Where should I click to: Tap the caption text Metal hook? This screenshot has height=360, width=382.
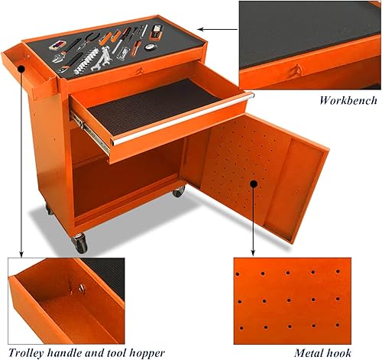tap(323, 352)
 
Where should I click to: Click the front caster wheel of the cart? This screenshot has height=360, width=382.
tap(79, 245)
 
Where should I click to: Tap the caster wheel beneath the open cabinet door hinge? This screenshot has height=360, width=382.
tap(178, 191)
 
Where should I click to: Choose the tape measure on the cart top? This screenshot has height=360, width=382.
tap(156, 32)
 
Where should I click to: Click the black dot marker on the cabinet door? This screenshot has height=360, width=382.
tap(253, 183)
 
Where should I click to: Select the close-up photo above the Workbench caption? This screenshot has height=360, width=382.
tap(309, 44)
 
